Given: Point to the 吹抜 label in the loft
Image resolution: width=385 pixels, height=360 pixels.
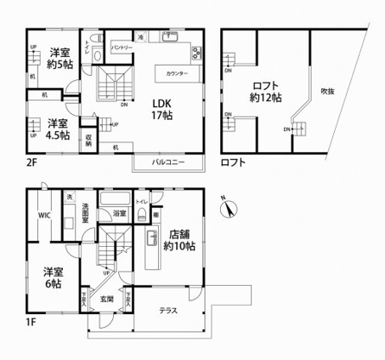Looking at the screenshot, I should (x=327, y=92).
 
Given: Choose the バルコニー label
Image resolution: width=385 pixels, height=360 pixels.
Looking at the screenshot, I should (x=166, y=161).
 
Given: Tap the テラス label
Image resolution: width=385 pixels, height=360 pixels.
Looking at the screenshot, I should (x=169, y=313).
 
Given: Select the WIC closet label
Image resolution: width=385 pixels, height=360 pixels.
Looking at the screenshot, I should (x=44, y=217).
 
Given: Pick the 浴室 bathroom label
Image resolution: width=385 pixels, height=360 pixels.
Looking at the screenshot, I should (x=120, y=213).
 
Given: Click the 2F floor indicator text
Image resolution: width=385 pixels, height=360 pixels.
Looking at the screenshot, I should (x=32, y=161).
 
